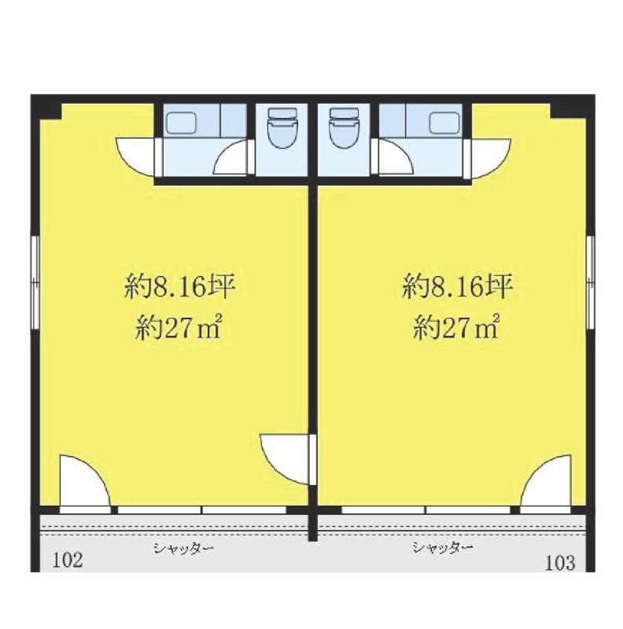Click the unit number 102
(68, 560)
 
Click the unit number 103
(560, 562)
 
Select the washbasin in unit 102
(182, 123)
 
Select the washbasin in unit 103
(444, 123)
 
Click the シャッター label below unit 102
(184, 548)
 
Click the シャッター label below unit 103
(442, 546)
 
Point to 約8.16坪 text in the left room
(179, 286)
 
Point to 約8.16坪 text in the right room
(457, 286)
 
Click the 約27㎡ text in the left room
(179, 326)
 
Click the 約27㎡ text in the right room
(456, 326)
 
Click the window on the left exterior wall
(35, 283)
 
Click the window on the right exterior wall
(590, 283)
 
